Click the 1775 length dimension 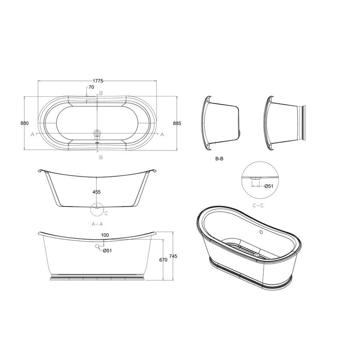98,81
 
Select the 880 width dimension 24,123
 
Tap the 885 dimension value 177,123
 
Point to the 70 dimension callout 91,87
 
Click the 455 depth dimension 96,192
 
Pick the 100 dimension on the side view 105,235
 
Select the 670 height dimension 163,260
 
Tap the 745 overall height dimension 173,256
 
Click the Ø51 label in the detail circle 269,186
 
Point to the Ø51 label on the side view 107,250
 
